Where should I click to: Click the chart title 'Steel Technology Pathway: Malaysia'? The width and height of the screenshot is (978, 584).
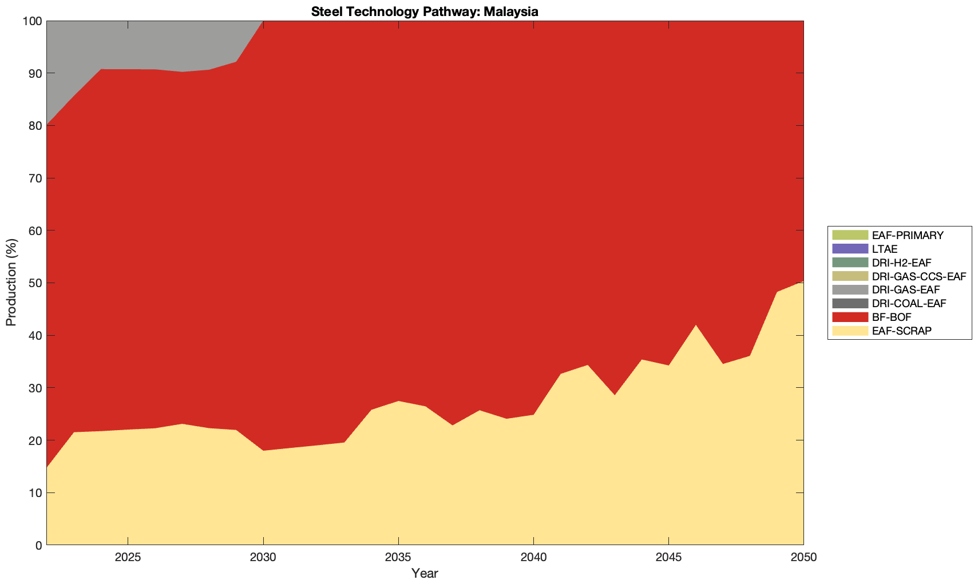tap(425, 11)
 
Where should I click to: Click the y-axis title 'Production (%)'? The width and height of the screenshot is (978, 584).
tap(11, 282)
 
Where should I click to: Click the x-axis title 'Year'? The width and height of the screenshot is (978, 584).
tap(425, 573)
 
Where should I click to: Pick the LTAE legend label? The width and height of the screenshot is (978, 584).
tap(885, 249)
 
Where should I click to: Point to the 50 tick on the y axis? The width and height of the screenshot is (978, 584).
tap(35, 283)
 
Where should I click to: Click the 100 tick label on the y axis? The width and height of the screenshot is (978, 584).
tap(33, 21)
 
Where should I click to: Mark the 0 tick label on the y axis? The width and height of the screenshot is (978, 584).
tap(38, 545)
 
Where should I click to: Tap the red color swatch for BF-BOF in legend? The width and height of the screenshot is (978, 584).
tap(850, 317)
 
